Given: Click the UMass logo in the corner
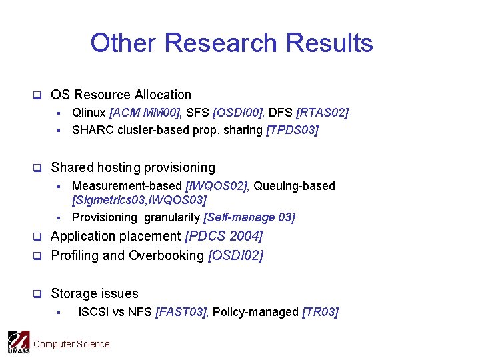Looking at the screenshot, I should tap(19, 342).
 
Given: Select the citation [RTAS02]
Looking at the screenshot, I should tap(323, 113).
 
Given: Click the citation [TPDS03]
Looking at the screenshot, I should tap(293, 130).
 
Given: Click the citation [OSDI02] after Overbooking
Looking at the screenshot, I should tap(236, 256).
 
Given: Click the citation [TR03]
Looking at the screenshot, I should tap(320, 312).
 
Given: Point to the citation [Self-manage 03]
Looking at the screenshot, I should tap(249, 217).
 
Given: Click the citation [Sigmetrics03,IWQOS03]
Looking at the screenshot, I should tap(139, 200).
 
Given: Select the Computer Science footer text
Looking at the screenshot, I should tap(71, 344).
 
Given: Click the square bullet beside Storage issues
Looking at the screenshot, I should tap(38, 294).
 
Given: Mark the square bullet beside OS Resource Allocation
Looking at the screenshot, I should tap(38, 95).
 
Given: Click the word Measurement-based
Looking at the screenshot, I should tap(127, 186).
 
